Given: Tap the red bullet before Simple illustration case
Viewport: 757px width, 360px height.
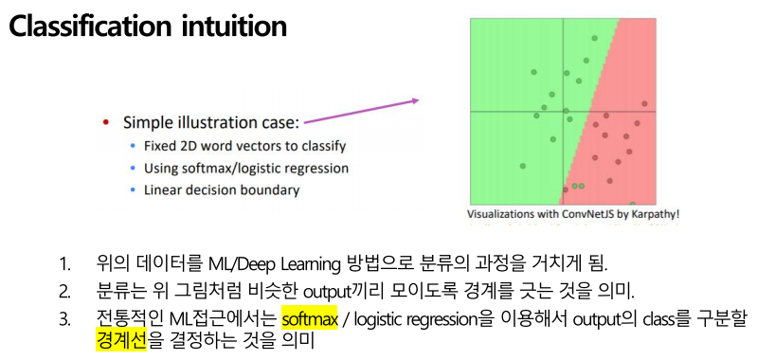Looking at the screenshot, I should (106, 123).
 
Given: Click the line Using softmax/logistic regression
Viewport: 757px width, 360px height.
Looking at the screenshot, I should (245, 169).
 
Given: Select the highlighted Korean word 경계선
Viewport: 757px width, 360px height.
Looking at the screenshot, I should (121, 340).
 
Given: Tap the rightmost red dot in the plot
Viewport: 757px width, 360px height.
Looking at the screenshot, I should (644, 102).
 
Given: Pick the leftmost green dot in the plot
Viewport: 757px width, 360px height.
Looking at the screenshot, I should (522, 167).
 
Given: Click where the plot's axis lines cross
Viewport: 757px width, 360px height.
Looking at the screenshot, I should (563, 111).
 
